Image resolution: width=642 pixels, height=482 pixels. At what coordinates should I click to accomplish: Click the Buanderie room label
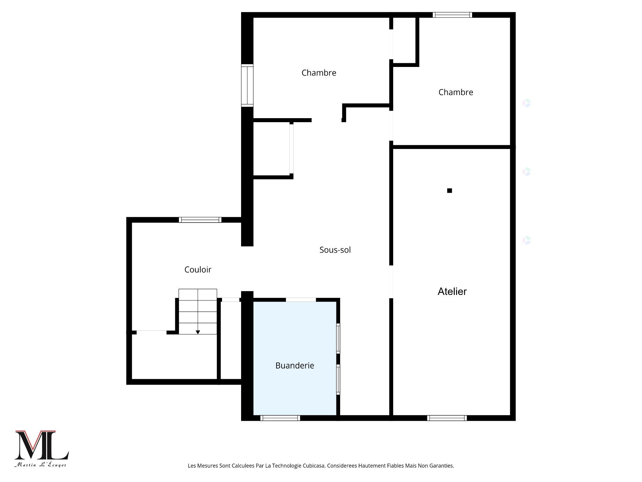(295, 366)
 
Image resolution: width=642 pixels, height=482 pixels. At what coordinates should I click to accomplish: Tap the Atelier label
(452, 291)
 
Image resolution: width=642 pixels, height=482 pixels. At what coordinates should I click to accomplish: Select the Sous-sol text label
(335, 250)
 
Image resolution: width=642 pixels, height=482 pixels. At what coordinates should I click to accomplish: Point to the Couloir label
(198, 269)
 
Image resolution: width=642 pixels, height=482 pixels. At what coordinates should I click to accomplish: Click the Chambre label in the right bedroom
(456, 92)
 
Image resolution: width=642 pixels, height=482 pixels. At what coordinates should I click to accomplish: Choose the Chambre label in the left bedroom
(319, 73)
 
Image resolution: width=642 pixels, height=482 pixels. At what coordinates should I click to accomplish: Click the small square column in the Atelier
(449, 190)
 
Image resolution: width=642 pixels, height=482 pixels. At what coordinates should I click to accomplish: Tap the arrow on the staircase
(198, 332)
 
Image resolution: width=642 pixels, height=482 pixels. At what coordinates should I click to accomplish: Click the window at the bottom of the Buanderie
(280, 418)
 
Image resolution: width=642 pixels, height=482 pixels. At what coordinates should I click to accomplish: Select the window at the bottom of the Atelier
(447, 418)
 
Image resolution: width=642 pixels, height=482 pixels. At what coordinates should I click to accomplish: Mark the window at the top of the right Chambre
(452, 15)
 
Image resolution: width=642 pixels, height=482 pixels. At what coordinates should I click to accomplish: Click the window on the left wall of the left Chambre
(247, 85)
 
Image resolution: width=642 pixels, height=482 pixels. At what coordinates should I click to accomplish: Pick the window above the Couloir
(200, 220)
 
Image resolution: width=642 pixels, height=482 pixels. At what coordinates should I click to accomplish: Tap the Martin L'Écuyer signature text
(40, 465)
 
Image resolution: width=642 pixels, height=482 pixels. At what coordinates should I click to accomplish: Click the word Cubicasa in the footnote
(314, 466)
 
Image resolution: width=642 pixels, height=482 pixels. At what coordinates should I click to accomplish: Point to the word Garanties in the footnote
(441, 466)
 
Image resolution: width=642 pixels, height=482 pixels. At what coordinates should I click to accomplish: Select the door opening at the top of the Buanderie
(301, 300)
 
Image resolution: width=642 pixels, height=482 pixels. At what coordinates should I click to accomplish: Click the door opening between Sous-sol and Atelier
(391, 282)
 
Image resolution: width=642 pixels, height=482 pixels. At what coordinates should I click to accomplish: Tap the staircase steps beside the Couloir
(198, 311)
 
